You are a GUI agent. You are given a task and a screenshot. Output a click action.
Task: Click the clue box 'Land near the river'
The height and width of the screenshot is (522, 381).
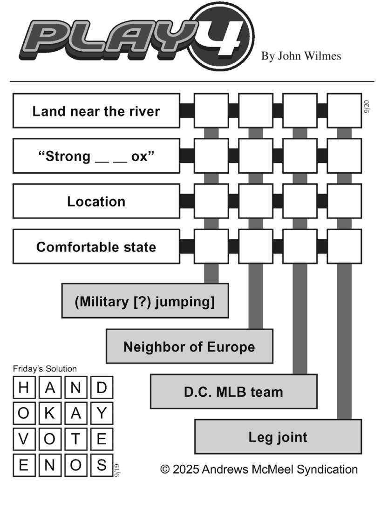tap(96, 111)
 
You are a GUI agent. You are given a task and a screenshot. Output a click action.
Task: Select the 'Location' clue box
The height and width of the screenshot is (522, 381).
tap(96, 201)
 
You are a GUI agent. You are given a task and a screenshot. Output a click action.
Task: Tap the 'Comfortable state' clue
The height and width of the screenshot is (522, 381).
tap(96, 246)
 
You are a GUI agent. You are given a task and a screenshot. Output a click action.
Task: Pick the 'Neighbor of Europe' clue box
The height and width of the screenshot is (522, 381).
tap(190, 346)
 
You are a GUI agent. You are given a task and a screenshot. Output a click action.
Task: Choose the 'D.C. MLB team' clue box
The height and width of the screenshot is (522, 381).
tap(233, 392)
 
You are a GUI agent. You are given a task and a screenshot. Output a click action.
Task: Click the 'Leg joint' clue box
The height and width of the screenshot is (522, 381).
tap(278, 437)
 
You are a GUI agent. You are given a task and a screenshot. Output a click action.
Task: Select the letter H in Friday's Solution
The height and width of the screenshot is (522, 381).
tap(24, 387)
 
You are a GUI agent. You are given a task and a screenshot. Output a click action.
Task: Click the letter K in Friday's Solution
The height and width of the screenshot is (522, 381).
tap(50, 413)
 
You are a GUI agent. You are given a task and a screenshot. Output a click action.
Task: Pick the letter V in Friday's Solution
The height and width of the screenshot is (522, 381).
tap(24, 439)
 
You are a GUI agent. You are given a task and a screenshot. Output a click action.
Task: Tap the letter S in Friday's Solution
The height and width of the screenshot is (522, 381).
tap(102, 465)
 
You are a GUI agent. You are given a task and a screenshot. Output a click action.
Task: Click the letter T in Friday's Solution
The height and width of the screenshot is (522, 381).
tap(75, 439)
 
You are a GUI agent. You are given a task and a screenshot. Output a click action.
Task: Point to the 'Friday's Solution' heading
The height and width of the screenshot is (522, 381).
tap(45, 368)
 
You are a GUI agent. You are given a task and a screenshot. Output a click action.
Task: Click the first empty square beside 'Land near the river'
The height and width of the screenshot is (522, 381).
tap(211, 110)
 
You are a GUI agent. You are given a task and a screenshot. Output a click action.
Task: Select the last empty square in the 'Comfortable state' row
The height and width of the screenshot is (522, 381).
tap(344, 246)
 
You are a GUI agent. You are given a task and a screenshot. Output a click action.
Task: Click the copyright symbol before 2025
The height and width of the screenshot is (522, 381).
tap(165, 469)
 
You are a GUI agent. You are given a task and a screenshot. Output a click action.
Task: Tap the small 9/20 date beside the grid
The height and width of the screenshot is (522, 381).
tap(367, 107)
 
